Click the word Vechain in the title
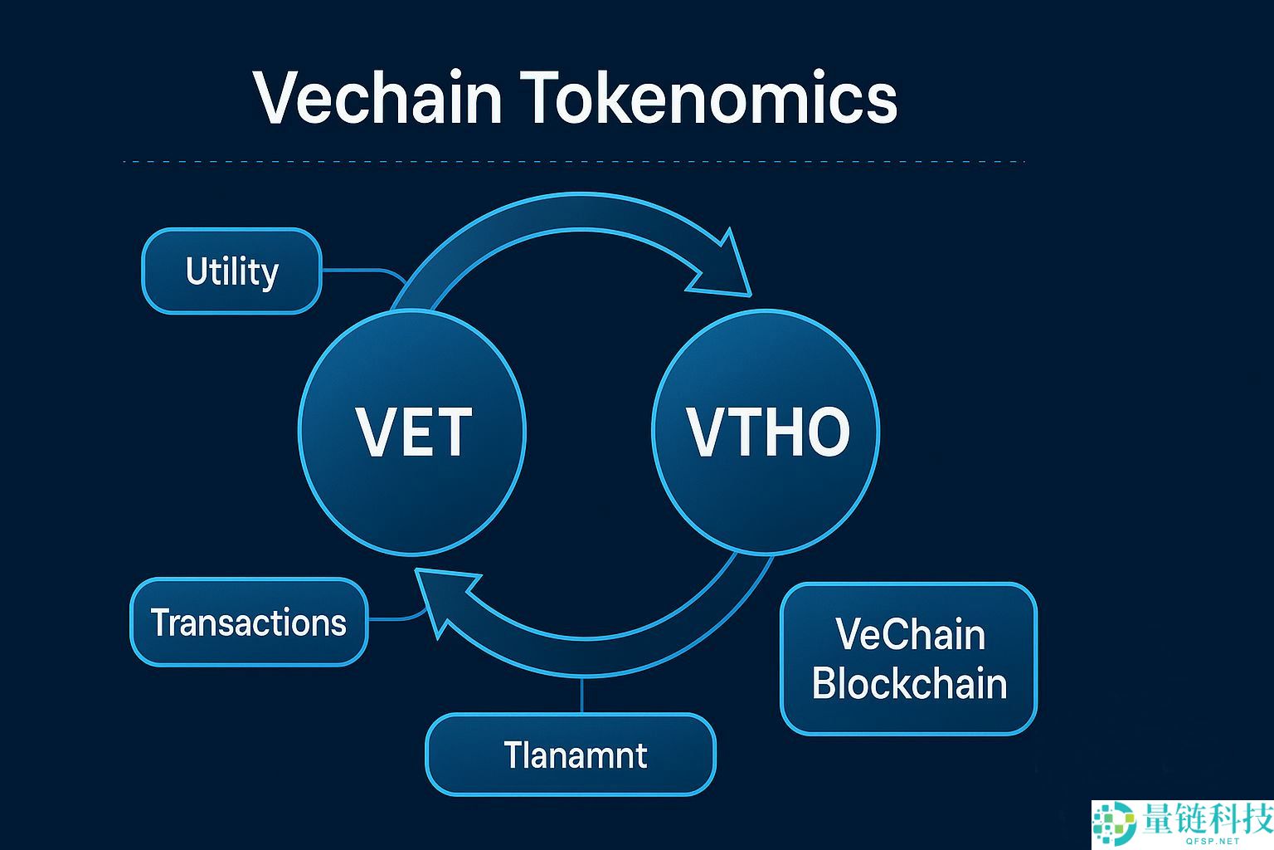pos(378,98)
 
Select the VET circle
pos(412,432)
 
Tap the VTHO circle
pos(766,432)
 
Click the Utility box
pos(231,271)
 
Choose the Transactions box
pos(248,623)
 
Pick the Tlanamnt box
pos(571,755)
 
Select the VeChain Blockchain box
pos(909,659)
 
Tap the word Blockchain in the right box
pos(909,684)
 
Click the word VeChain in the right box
pos(910,635)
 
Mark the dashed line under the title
pos(572,162)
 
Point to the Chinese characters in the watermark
pos(1206,818)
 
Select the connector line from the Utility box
pos(361,271)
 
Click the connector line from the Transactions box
pos(396,618)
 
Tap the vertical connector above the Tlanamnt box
pos(582,694)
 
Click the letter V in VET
pos(373,432)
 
